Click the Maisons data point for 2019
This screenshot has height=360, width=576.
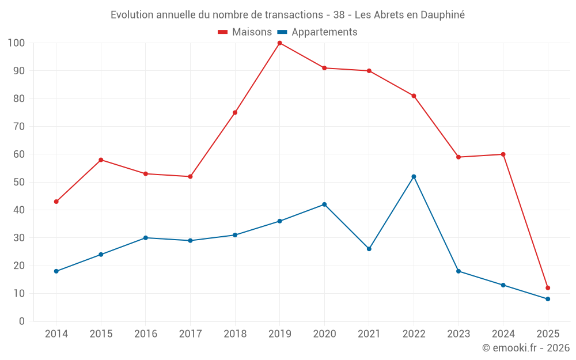coord(279,43)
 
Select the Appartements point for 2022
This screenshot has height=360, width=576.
coord(414,177)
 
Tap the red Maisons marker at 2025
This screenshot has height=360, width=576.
coord(548,288)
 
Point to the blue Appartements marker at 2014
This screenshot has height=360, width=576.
coord(56,271)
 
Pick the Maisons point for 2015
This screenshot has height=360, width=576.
coord(101,160)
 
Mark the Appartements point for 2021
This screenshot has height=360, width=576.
coord(369,249)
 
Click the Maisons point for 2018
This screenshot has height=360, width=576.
coord(235,113)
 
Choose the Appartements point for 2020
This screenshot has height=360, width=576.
coord(324,204)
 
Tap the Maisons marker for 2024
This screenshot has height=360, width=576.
coord(503,154)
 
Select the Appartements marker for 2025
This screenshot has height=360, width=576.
coord(548,299)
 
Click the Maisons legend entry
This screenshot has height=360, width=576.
coord(245,32)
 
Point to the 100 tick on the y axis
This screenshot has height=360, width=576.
coord(16,43)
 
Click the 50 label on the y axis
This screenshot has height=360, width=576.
coord(19,182)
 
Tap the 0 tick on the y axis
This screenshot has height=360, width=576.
coord(22,321)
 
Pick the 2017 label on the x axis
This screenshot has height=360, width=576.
coord(190,334)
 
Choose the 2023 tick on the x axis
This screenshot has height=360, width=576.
coord(458,334)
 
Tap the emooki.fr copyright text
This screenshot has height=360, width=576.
coord(526,348)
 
